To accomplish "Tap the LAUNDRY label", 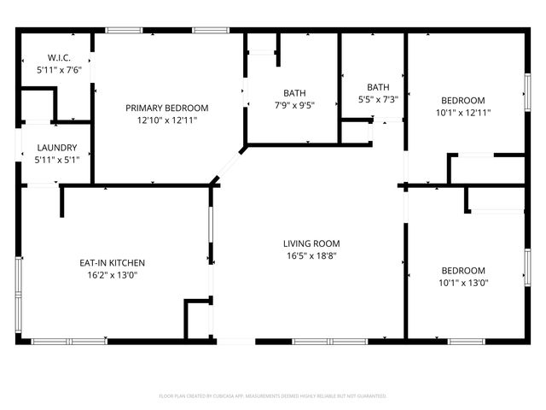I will pyautogui.click(x=56, y=147).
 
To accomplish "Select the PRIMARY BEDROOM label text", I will pyautogui.click(x=166, y=108).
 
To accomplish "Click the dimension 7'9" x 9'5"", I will pyautogui.click(x=295, y=106).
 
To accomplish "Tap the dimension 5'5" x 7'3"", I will pyautogui.click(x=377, y=99).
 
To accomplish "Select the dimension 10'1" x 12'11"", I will pyautogui.click(x=463, y=112).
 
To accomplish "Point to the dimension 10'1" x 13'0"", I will pyautogui.click(x=463, y=283).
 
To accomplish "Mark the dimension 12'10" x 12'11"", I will pyautogui.click(x=166, y=120).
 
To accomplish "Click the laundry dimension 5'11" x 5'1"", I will pyautogui.click(x=56, y=159).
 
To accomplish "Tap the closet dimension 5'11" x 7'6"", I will pyautogui.click(x=56, y=71).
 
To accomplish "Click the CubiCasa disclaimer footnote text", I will pyautogui.click(x=273, y=396).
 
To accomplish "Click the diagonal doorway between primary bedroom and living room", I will pyautogui.click(x=229, y=164).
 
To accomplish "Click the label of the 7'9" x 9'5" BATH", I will pyautogui.click(x=295, y=93).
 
